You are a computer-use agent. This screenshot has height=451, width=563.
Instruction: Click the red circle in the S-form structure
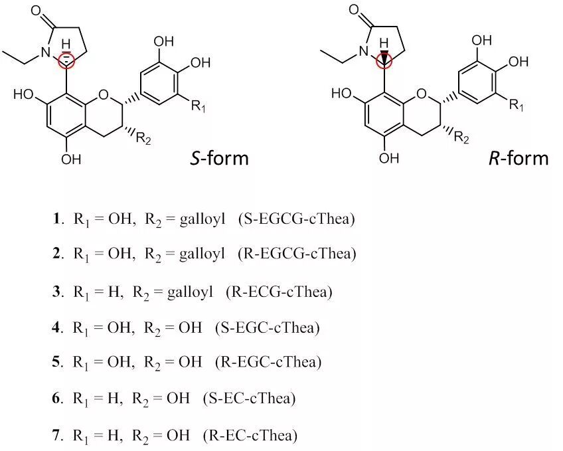click(x=68, y=62)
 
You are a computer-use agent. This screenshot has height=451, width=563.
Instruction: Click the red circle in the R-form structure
click(x=384, y=62)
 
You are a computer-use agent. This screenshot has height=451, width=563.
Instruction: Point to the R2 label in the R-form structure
click(x=461, y=137)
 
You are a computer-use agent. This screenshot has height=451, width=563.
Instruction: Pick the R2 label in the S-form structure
click(x=143, y=137)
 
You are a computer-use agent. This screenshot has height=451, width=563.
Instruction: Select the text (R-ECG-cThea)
click(x=279, y=291)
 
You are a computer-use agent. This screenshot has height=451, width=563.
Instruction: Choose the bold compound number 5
click(x=58, y=362)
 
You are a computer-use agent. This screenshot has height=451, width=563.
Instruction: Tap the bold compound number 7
click(x=58, y=435)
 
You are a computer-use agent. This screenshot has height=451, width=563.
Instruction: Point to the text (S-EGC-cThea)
click(x=268, y=327)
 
